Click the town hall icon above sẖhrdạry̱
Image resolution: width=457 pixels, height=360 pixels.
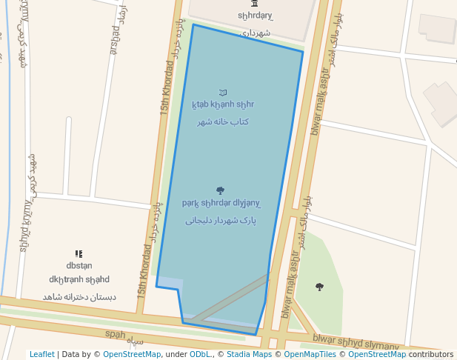point(255,4)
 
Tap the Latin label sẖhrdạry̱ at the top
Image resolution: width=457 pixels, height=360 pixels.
point(255,16)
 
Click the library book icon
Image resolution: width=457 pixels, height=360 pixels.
point(223,93)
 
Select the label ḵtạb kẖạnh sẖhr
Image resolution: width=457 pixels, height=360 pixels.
point(222,104)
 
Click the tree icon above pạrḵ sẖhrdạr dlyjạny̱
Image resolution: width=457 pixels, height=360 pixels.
point(220,190)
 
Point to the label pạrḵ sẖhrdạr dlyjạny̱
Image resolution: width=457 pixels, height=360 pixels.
point(221,203)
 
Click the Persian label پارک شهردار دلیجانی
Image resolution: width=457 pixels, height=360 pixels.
point(220,220)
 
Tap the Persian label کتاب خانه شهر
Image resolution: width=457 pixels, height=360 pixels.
point(222,121)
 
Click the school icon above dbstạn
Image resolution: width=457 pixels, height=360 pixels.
point(79,254)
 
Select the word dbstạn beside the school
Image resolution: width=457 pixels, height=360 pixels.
point(79,265)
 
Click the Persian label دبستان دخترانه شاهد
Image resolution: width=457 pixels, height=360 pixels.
point(79,297)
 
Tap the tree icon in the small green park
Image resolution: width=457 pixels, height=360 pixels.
point(319,287)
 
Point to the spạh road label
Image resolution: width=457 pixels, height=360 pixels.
point(116,335)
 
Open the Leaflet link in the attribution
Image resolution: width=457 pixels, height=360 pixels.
point(41,354)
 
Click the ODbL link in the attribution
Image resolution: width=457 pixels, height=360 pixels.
point(200,354)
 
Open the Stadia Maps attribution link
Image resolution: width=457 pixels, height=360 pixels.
point(249,354)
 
